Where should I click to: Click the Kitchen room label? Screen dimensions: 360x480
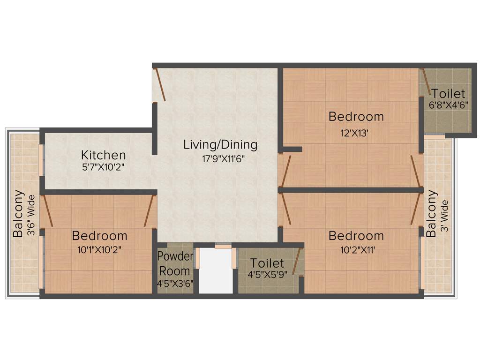[x=103, y=155]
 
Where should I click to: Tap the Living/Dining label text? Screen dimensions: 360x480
[x=220, y=144]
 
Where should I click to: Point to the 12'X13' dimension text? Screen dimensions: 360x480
[x=356, y=133]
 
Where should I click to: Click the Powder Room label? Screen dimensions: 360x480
[x=175, y=263]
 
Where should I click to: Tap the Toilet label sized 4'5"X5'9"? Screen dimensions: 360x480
[x=267, y=263]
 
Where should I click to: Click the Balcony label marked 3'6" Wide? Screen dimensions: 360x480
[x=18, y=213]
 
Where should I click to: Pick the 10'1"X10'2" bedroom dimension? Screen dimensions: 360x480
[x=99, y=250]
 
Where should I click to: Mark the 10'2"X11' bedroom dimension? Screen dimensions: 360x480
[x=356, y=250]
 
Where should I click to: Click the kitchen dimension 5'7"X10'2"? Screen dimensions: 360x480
[x=103, y=166]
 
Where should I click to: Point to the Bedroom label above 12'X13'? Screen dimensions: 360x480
[x=356, y=116]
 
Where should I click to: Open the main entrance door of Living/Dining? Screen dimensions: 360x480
[x=159, y=85]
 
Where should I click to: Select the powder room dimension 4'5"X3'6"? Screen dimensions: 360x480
[x=175, y=283]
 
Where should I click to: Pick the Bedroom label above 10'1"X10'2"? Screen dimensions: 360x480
[x=99, y=235]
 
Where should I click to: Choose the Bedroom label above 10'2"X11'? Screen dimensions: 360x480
[x=356, y=235]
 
